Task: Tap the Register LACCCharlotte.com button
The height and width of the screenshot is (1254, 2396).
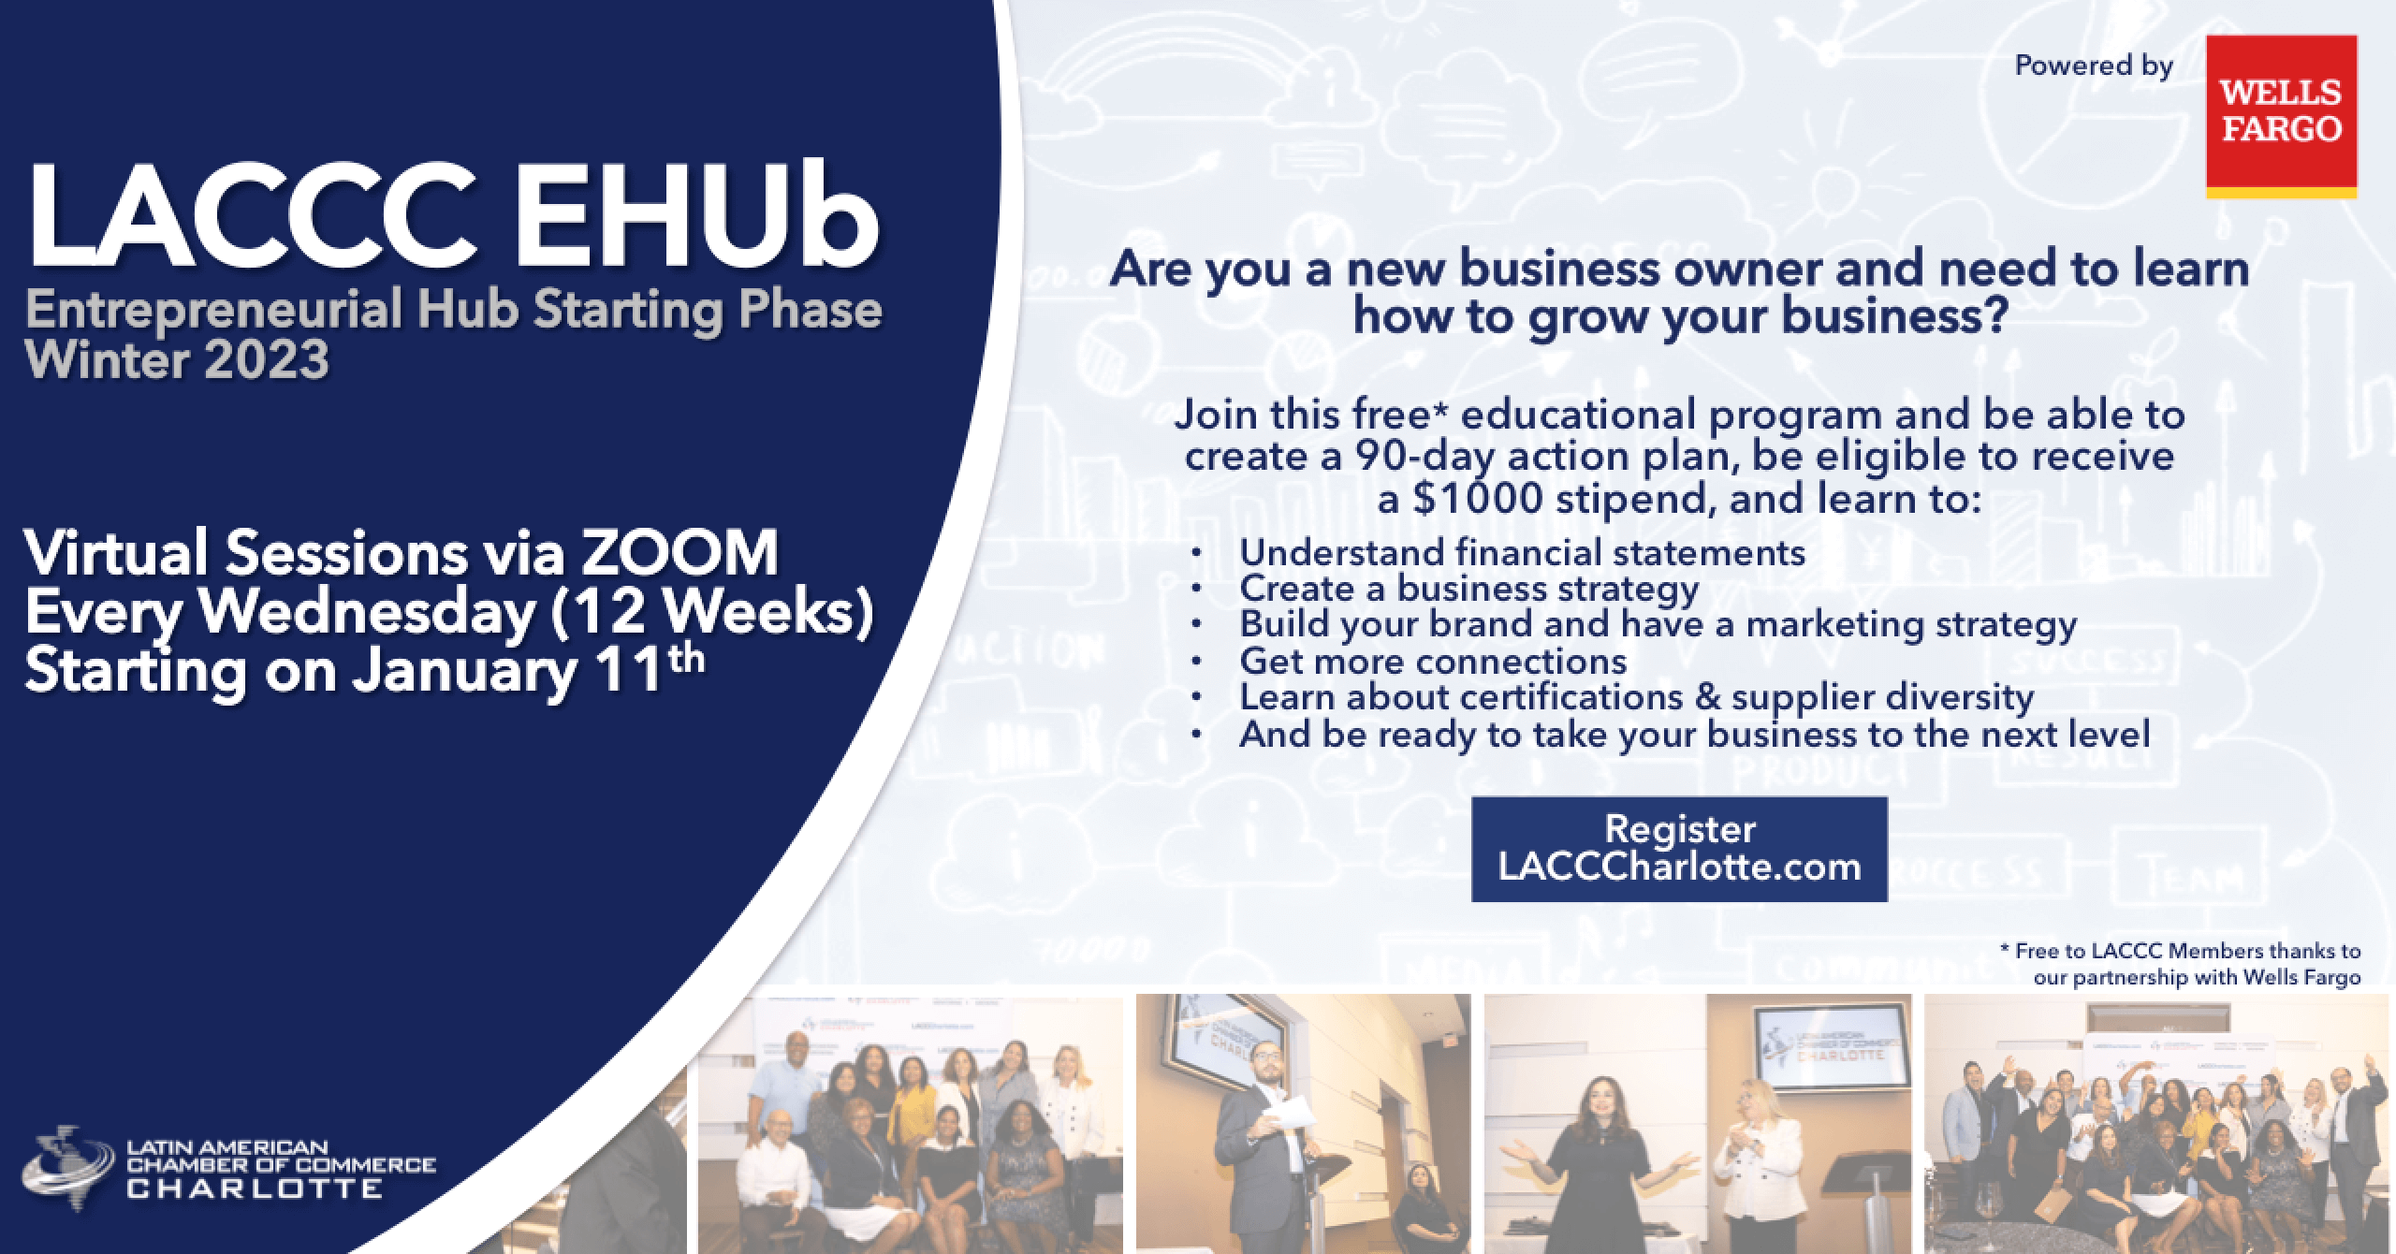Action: pos(1679,849)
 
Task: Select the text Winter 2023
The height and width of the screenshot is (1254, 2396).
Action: pos(177,359)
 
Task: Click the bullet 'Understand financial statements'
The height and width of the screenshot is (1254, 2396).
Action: pos(1522,553)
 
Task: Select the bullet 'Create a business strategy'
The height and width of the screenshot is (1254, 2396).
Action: pos(1468,590)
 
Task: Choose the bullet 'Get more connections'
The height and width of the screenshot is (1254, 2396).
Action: pos(1433,662)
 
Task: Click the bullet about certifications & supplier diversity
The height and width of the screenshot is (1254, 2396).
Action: pos(1636,697)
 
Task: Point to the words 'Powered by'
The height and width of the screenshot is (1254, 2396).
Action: pos(2095,67)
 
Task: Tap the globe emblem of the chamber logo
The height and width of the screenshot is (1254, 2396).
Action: pos(75,1161)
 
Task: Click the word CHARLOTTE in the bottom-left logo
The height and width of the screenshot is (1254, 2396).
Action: pos(255,1188)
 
